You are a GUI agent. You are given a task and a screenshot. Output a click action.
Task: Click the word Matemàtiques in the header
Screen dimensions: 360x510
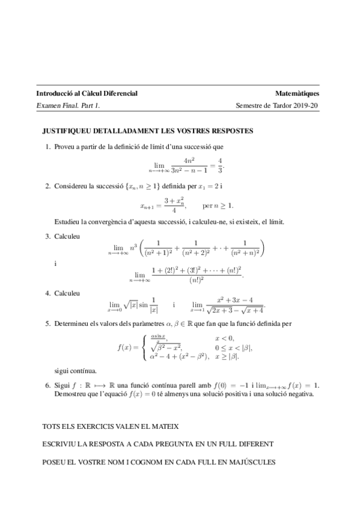(x=297, y=94)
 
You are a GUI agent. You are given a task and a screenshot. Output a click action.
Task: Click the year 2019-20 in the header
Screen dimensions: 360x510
(x=307, y=106)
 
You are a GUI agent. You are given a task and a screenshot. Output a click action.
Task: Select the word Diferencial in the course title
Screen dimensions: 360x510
(x=118, y=94)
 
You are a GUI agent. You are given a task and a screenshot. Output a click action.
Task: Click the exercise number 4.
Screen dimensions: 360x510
(x=47, y=293)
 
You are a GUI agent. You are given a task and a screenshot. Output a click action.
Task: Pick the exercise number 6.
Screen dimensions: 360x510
(x=47, y=384)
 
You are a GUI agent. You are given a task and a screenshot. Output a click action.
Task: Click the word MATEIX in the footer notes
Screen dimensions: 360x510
(x=165, y=426)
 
